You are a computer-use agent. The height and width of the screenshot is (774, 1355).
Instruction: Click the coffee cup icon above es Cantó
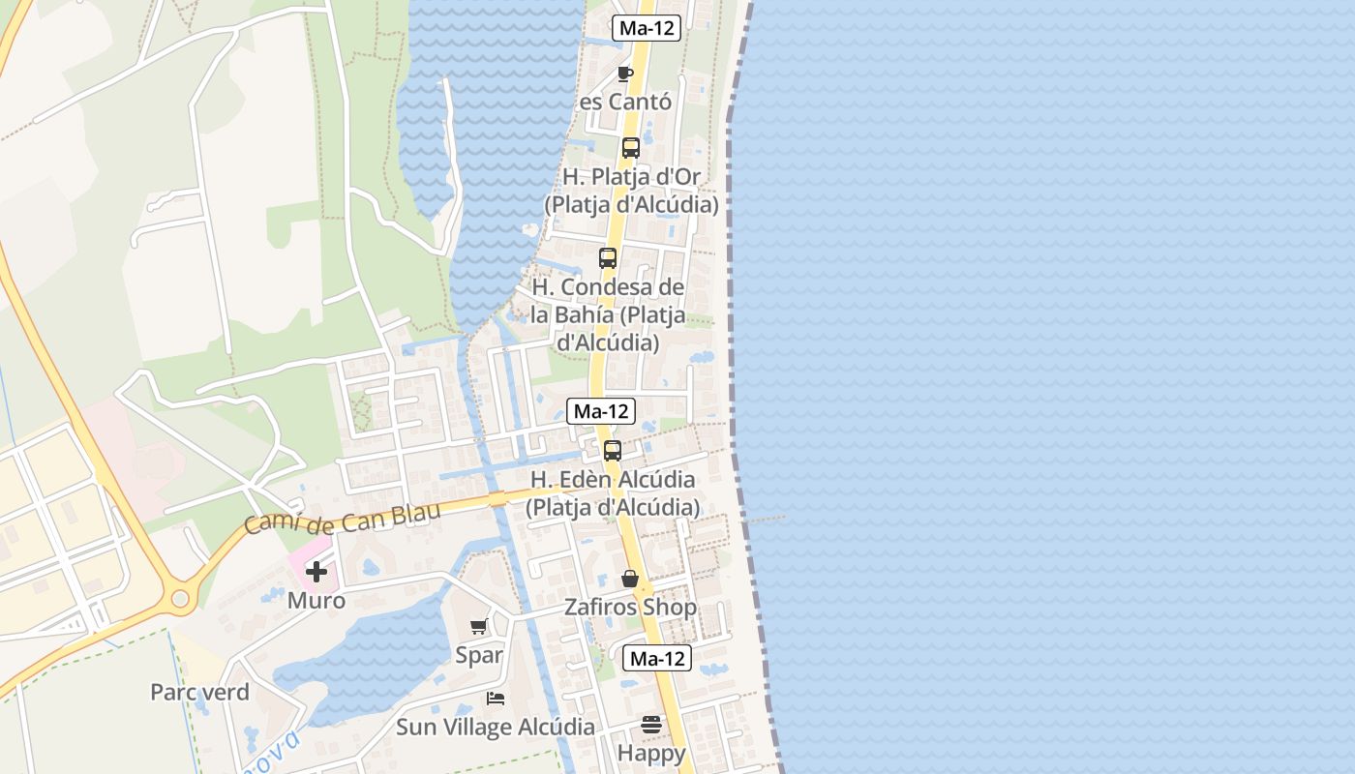point(625,74)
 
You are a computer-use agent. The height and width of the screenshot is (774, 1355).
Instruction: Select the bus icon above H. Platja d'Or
point(631,148)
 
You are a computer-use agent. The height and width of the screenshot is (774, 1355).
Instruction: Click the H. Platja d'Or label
point(631,192)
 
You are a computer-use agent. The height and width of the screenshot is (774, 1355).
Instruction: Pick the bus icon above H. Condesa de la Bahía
point(608,258)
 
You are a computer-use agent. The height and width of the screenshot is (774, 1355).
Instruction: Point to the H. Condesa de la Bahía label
point(608,315)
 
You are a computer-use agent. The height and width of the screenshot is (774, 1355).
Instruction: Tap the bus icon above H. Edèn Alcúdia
point(613,451)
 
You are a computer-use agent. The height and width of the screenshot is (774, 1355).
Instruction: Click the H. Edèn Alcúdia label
point(613,493)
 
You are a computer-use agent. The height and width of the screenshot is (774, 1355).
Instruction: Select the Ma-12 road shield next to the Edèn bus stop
point(600,411)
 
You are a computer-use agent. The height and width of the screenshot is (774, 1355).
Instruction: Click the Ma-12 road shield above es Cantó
point(646,28)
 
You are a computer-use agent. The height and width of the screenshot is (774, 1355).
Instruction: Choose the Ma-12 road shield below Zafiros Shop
point(656,659)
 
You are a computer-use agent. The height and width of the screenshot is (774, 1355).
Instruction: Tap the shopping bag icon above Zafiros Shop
point(630,579)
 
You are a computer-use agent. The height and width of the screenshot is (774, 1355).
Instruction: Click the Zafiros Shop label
point(630,608)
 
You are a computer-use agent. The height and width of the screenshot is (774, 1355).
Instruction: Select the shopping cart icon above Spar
point(479,627)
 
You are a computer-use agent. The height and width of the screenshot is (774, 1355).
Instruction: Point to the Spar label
point(479,655)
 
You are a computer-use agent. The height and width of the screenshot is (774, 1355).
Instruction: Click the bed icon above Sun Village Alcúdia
point(496,699)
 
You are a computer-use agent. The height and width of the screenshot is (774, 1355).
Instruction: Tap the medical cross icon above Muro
point(316,572)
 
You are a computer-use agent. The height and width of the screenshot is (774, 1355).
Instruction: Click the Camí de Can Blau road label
point(342,518)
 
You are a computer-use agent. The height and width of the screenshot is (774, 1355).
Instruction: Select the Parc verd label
point(199,693)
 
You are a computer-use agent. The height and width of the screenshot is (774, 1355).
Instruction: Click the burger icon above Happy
point(651,725)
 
